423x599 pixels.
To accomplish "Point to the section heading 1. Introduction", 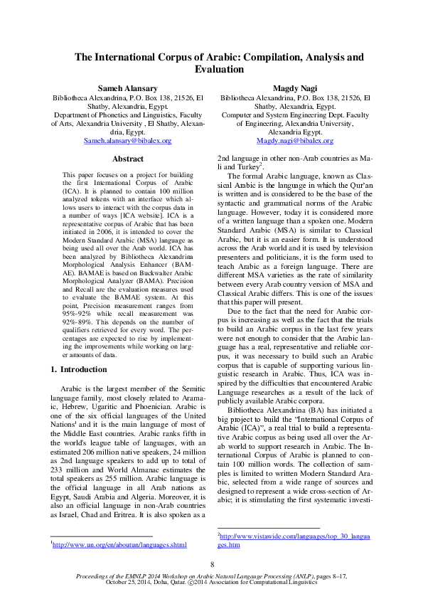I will click(x=80, y=369).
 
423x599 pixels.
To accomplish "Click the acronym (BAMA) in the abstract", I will click(x=169, y=283).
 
